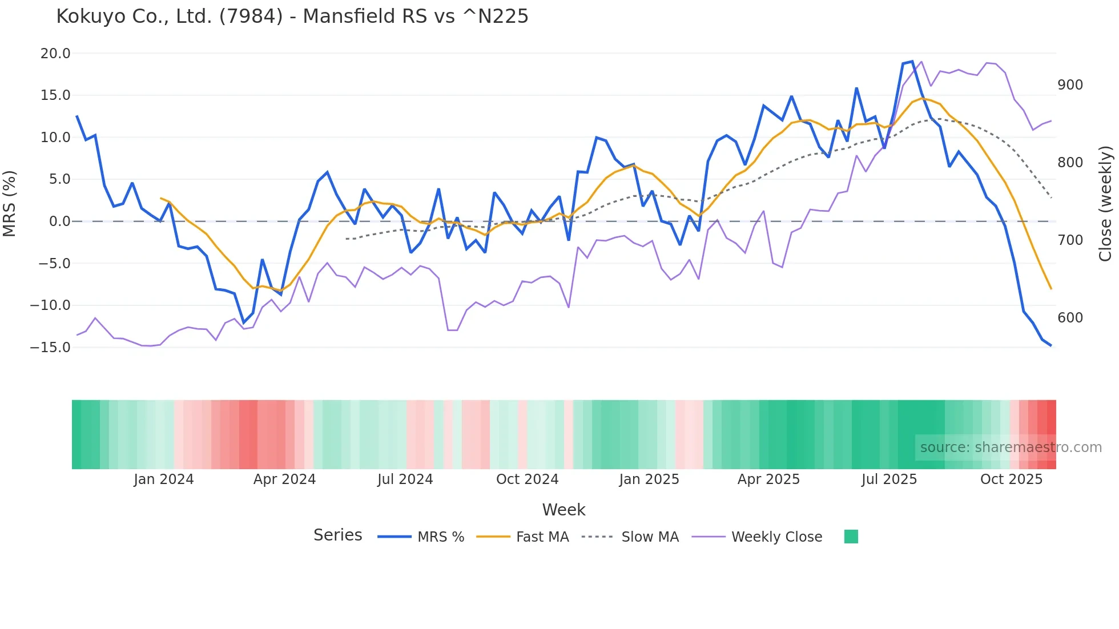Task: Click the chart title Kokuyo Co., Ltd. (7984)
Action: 292,17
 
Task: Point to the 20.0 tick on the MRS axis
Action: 55,54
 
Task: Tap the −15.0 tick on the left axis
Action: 51,347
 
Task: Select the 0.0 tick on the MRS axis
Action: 59,221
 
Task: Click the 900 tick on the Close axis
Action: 1070,85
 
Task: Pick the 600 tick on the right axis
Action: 1070,318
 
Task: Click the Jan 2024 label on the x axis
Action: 164,479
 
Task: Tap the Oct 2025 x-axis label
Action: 1011,479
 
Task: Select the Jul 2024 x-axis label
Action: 405,479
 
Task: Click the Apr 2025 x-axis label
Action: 768,479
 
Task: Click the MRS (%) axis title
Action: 10,204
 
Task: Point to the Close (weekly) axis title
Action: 1106,204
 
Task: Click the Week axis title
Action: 563,510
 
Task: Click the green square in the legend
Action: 851,537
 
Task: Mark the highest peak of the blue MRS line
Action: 912,61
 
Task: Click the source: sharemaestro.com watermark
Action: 1011,447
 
